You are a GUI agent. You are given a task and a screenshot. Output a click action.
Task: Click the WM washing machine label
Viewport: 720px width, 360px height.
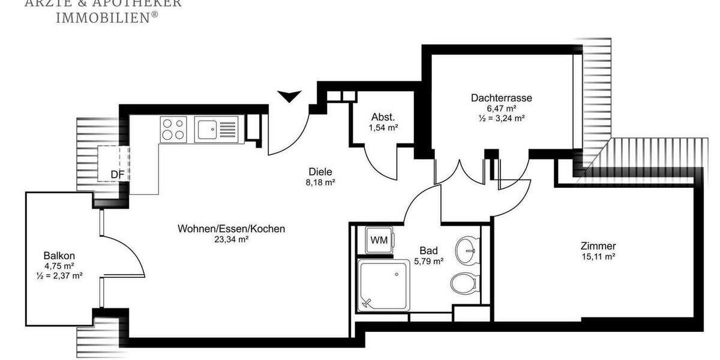[x=379, y=240]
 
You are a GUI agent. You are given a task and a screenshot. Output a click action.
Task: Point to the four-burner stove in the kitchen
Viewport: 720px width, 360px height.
[x=174, y=129]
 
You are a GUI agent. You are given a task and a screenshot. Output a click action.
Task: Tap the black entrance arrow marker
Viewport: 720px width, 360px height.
[x=290, y=95]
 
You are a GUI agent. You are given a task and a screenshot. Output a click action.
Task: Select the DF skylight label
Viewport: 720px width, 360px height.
[x=117, y=175]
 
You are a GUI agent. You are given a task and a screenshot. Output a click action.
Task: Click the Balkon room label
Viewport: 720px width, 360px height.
[x=59, y=255]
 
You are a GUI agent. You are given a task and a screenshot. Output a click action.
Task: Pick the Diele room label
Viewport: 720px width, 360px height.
[x=320, y=171]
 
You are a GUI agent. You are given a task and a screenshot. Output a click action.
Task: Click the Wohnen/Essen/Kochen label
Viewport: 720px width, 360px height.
[x=231, y=229]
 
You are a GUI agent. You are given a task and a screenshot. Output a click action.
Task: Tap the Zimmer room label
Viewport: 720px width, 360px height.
[x=598, y=246]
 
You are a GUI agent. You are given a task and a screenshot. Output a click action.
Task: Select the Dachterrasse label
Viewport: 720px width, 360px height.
[x=502, y=98]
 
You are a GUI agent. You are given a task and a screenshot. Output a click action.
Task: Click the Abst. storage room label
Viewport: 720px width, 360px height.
[x=383, y=117]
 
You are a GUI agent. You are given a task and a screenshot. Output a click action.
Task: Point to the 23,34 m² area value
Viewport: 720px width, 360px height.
[x=232, y=239]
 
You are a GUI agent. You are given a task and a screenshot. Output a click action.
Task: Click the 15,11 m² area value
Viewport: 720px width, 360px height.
[x=598, y=256]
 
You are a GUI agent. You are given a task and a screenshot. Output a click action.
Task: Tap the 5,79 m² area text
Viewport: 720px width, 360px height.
[x=428, y=261]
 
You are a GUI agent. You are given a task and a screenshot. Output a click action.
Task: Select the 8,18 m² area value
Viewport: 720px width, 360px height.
[x=320, y=182]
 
